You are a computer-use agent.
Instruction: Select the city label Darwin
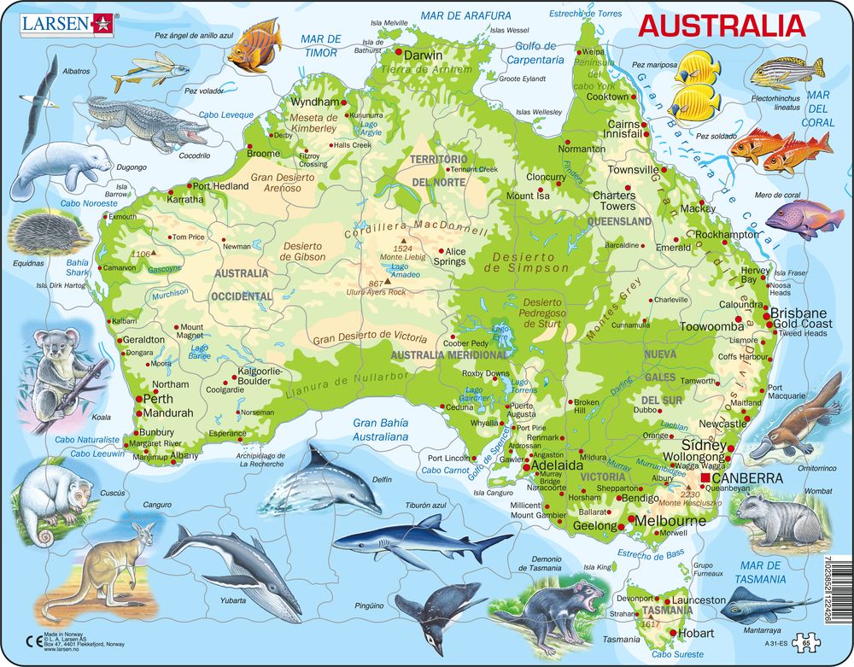(423, 56)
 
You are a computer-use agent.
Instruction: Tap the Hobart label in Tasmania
(697, 633)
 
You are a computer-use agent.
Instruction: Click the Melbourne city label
(669, 520)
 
